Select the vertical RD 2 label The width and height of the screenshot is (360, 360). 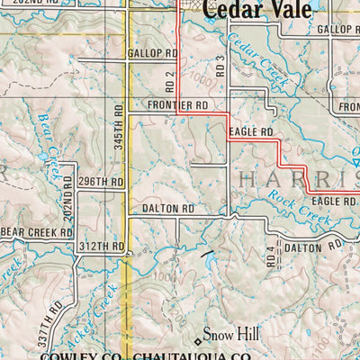(169, 82)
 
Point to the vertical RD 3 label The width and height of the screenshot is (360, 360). (220, 65)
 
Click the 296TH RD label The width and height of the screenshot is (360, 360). (99, 181)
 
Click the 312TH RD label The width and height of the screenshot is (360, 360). (101, 246)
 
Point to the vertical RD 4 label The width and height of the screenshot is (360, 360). (270, 256)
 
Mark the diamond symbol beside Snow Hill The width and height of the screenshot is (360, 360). (199, 340)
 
